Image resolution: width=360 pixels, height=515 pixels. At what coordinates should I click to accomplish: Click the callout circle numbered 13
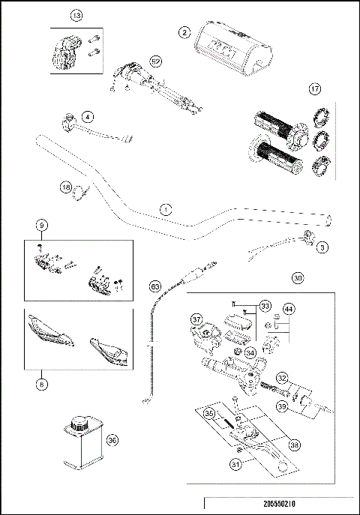click(76, 15)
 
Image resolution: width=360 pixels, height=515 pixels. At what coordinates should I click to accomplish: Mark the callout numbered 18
click(66, 187)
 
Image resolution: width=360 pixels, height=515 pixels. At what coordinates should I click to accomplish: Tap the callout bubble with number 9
click(43, 223)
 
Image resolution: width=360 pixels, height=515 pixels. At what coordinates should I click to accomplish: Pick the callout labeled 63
click(155, 286)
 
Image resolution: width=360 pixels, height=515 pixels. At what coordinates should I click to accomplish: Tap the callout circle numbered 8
click(43, 382)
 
